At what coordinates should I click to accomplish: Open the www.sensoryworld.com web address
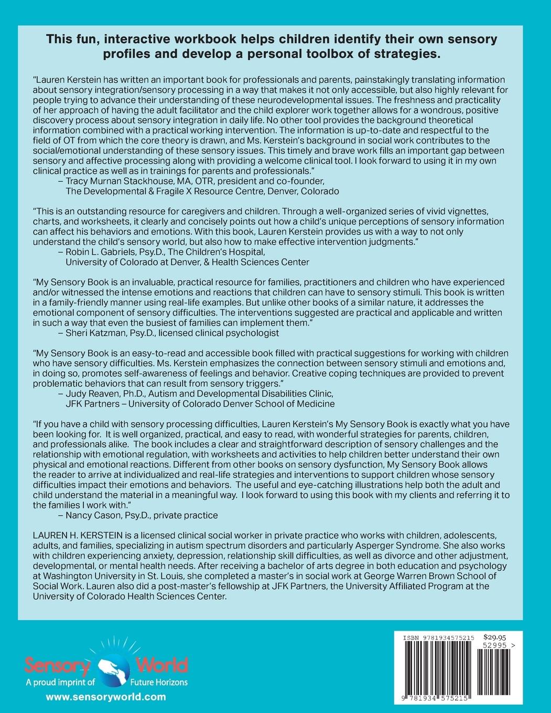tap(106, 697)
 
